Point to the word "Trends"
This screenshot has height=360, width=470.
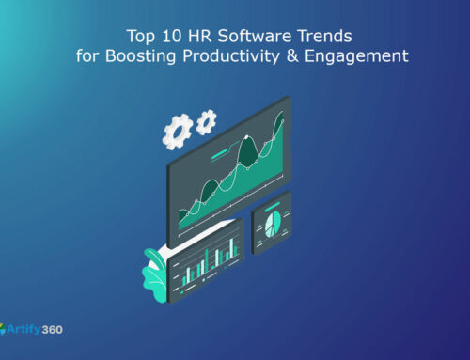[x=315, y=37]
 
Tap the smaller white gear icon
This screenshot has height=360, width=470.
[x=206, y=120]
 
